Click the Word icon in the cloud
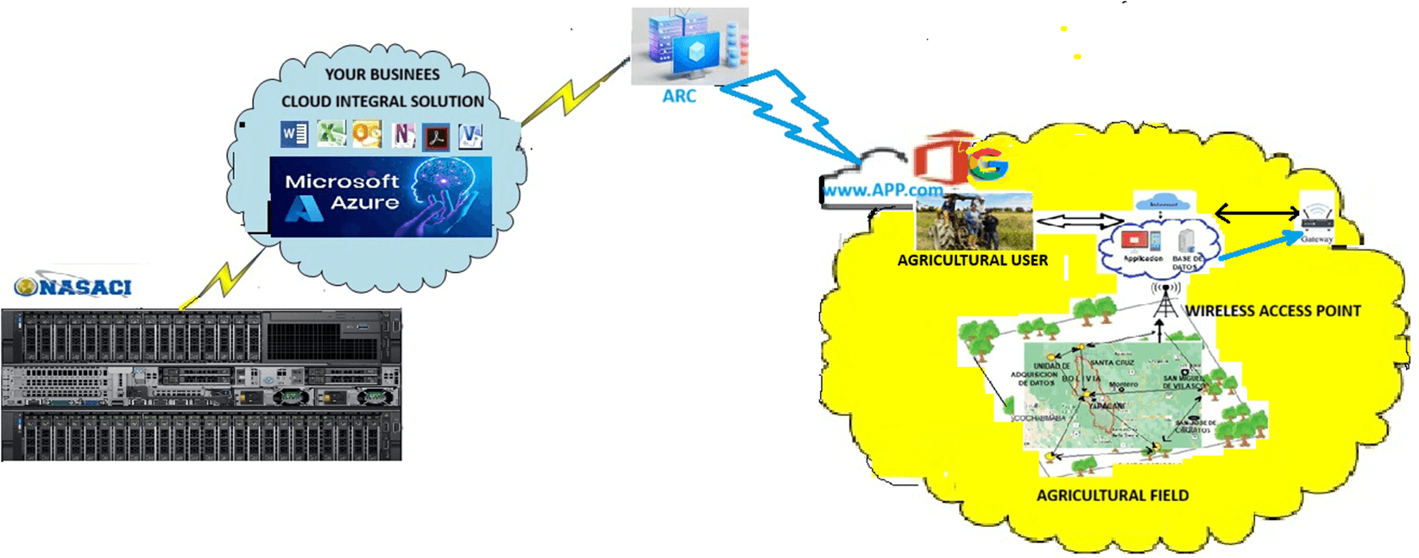(294, 134)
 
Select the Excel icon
(331, 133)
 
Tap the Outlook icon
(367, 134)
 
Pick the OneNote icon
(403, 135)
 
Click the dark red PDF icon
(436, 136)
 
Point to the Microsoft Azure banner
(381, 196)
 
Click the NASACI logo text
(74, 287)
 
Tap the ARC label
(679, 96)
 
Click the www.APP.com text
(882, 189)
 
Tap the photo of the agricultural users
(974, 221)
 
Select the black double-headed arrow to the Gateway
(1256, 212)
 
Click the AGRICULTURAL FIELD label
(1112, 495)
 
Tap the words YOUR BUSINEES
(382, 74)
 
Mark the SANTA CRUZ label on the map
(1112, 363)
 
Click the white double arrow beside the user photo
(1077, 221)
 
